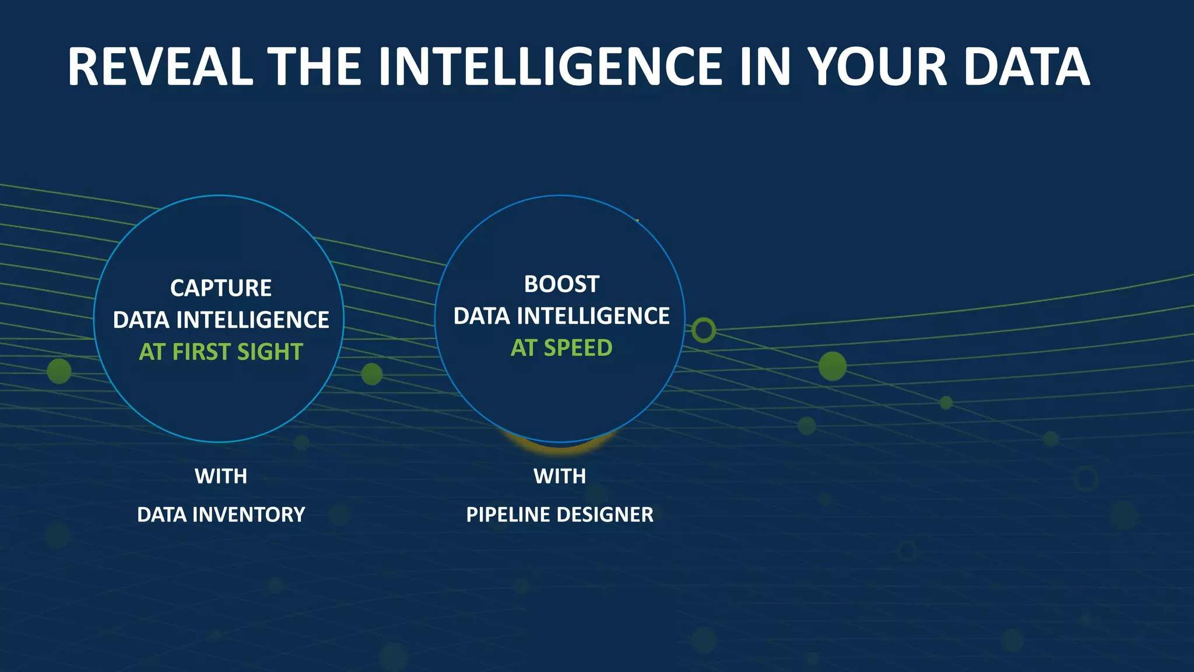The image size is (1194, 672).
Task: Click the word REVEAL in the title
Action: [160, 67]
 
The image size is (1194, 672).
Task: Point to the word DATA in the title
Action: [1026, 67]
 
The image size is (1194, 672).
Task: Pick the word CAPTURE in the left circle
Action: [221, 288]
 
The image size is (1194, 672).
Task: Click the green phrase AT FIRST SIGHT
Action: [221, 352]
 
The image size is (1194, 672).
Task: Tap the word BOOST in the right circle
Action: [561, 284]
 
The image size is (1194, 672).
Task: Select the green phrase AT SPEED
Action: [561, 348]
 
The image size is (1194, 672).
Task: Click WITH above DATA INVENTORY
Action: [221, 476]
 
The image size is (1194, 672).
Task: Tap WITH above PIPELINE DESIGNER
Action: [560, 476]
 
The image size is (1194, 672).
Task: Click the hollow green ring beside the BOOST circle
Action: [704, 330]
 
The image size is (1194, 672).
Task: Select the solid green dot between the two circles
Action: [372, 374]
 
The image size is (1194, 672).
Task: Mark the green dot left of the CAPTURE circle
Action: [59, 371]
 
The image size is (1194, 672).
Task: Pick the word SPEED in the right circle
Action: [578, 348]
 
